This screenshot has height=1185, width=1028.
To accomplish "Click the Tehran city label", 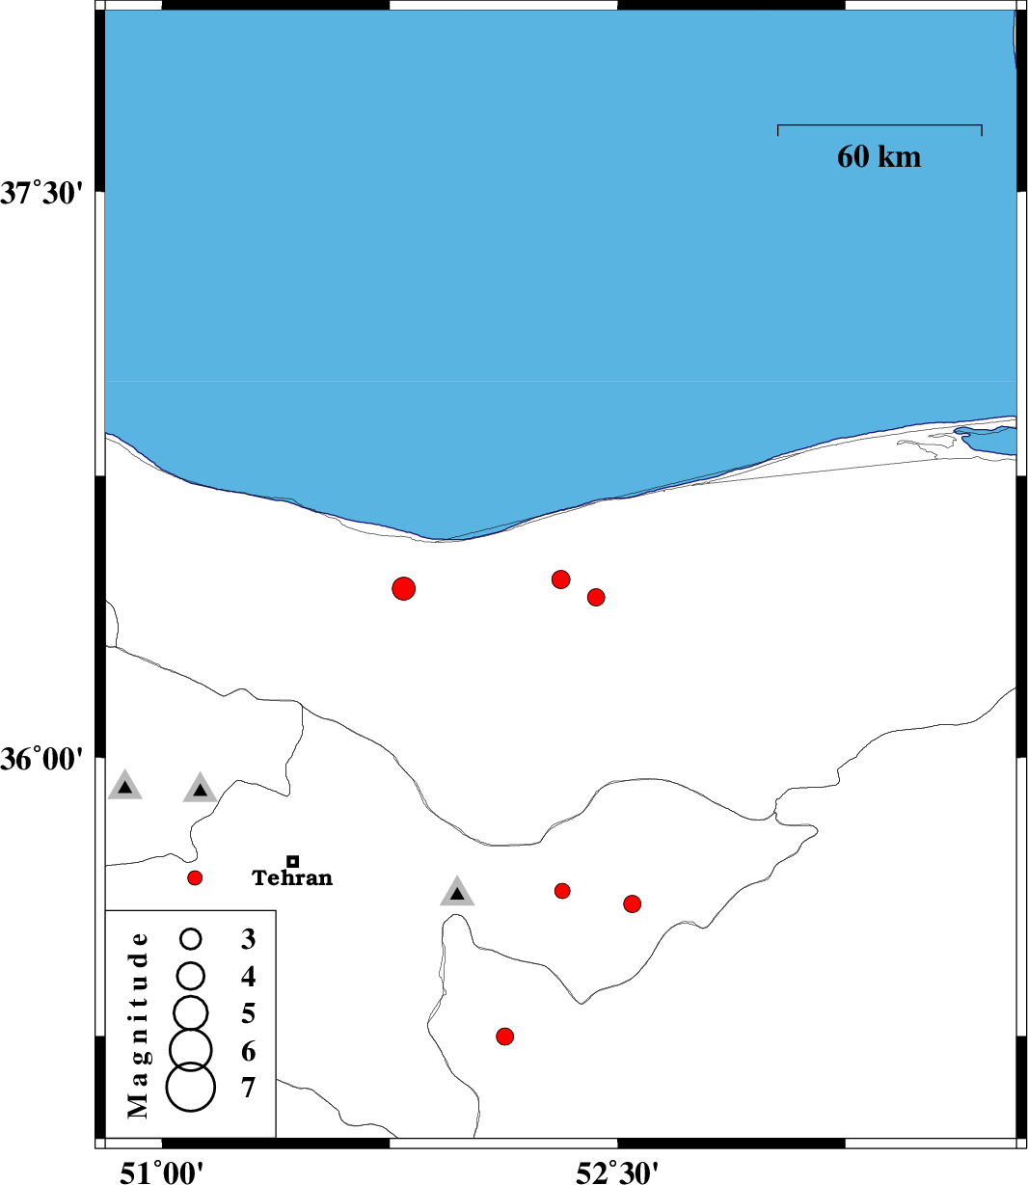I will tap(292, 878).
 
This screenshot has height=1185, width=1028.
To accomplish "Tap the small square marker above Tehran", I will tap(293, 861).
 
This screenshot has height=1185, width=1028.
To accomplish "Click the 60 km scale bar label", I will tap(879, 156).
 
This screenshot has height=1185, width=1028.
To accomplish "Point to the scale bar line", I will tap(879, 125).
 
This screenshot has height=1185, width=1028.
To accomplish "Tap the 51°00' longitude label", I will tap(161, 1172).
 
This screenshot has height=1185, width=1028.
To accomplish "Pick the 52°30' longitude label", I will tap(617, 1172).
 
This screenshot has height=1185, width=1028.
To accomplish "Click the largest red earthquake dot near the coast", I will tap(404, 588).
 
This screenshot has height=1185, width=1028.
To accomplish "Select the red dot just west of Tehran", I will tap(195, 877).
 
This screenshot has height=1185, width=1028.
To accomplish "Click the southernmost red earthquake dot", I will tap(504, 1037).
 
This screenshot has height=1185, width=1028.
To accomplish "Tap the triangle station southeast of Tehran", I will tap(457, 893).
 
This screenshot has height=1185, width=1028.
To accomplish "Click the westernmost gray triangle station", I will tap(124, 787).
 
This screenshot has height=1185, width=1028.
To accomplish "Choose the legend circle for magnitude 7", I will tap(191, 1087).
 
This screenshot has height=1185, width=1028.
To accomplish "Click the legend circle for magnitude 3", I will tap(191, 938).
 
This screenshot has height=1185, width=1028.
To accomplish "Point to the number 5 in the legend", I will tap(249, 1013).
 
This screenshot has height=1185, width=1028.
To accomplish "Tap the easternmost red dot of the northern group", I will tap(596, 597).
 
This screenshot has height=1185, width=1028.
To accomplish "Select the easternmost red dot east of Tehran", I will tap(633, 903).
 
